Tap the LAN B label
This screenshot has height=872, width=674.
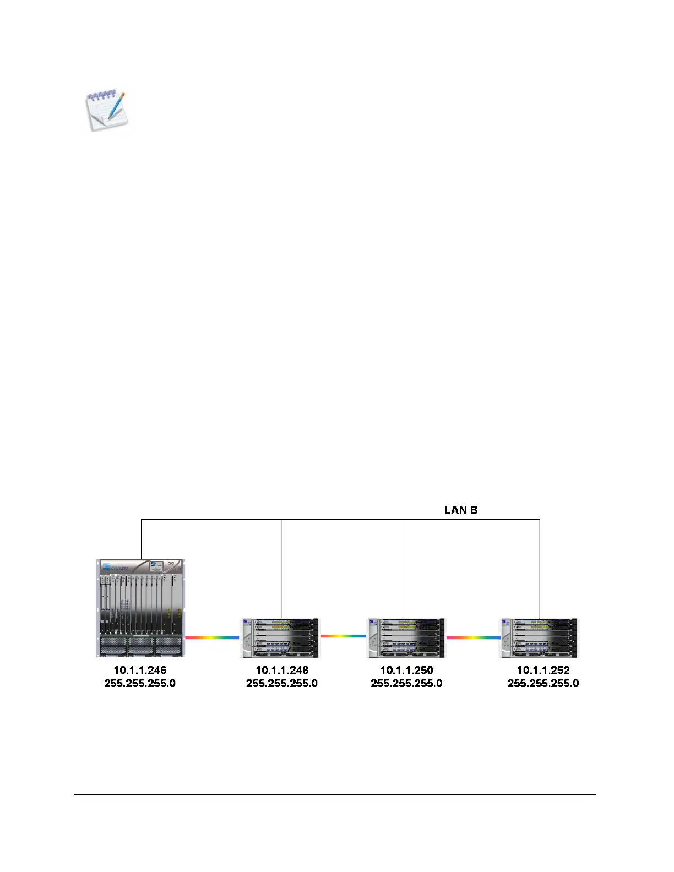coord(461,510)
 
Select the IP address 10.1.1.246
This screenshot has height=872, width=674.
coord(140,670)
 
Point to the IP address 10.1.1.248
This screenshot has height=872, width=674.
coord(282,670)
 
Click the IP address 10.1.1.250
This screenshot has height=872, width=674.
coord(406,670)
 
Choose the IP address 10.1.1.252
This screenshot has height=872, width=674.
coord(543,670)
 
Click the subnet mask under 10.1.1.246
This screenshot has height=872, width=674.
coord(140,683)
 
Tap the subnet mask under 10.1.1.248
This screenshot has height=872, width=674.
coord(282,683)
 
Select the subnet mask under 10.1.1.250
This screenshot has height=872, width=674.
coord(406,683)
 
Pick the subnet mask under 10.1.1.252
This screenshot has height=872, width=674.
coord(543,683)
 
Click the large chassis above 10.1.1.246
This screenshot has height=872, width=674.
coord(141,608)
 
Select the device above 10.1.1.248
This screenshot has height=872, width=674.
coord(281,637)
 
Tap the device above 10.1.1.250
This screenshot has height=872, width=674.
coord(406,637)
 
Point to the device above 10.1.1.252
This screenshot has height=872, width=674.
coord(540,637)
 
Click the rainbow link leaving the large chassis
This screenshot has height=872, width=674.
coord(212,637)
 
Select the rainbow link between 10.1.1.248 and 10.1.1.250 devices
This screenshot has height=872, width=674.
coord(343,636)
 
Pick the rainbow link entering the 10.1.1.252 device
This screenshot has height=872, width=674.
coord(473,637)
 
